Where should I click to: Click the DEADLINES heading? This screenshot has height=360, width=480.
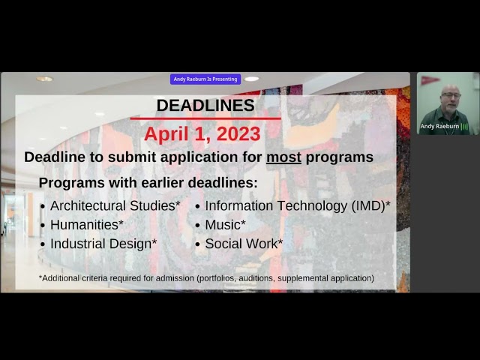point(205,106)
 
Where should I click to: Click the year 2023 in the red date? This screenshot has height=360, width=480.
point(236,134)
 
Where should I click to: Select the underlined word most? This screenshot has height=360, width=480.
point(283,157)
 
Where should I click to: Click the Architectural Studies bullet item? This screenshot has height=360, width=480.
point(115,205)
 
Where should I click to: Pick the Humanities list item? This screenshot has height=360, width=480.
point(86,224)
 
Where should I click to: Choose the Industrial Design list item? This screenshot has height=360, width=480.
point(103,244)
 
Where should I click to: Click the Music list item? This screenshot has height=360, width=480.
point(225,224)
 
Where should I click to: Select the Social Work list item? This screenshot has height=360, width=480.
point(244,244)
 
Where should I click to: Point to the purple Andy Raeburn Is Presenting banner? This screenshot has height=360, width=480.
point(205,79)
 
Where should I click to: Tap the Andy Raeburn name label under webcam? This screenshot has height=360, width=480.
point(439,126)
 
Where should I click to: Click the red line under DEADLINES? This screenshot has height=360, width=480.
point(205,118)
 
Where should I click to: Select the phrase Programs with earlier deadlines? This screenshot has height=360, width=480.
point(148,183)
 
